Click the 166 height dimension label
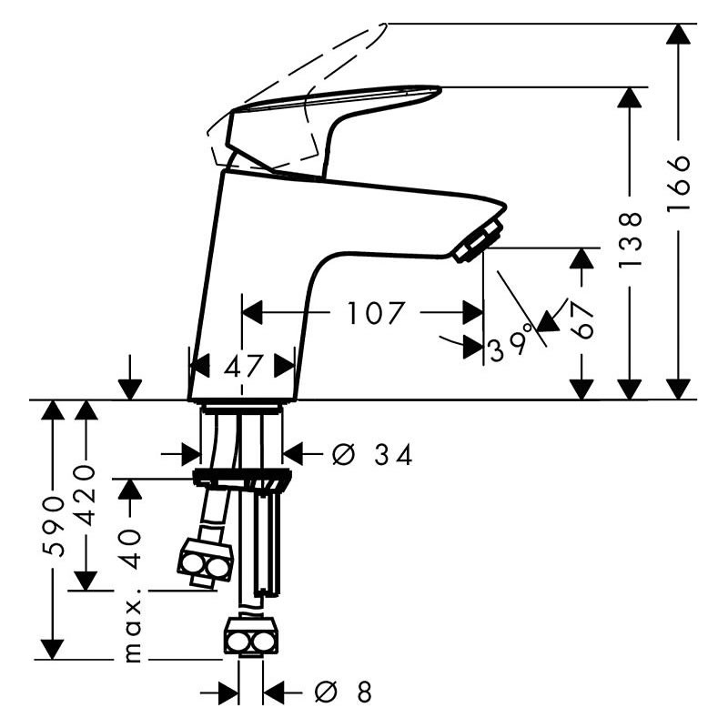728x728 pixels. pyautogui.click(x=678, y=184)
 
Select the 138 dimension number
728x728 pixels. pyautogui.click(x=630, y=239)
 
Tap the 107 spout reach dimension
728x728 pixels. pyautogui.click(x=376, y=312)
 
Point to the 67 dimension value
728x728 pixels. pyautogui.click(x=581, y=320)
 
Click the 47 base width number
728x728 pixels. pyautogui.click(x=243, y=367)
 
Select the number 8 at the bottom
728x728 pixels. pyautogui.click(x=365, y=693)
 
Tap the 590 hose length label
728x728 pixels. pyautogui.click(x=53, y=526)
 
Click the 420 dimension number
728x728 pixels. pyautogui.click(x=85, y=494)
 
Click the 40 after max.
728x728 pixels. pyautogui.click(x=131, y=549)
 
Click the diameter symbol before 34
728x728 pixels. pyautogui.click(x=344, y=454)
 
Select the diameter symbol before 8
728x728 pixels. pyautogui.click(x=327, y=693)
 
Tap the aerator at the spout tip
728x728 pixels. pyautogui.click(x=480, y=241)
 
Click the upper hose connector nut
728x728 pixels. pyautogui.click(x=205, y=561)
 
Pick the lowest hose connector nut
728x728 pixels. pyautogui.click(x=252, y=635)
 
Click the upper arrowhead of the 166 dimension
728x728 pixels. pyautogui.click(x=678, y=34)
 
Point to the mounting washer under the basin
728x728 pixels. pyautogui.click(x=243, y=478)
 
